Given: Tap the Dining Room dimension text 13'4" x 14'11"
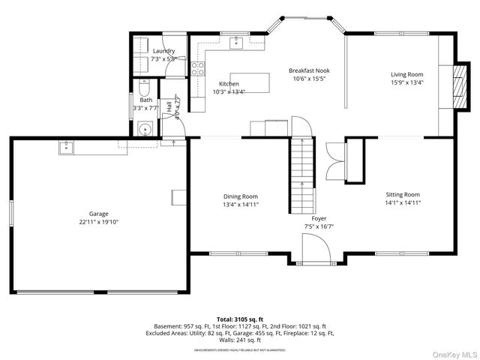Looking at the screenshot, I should pyautogui.click(x=241, y=204).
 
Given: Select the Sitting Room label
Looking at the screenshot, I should pyautogui.click(x=402, y=194).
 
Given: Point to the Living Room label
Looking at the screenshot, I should pyautogui.click(x=406, y=74).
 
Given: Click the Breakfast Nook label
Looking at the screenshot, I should pyautogui.click(x=309, y=70).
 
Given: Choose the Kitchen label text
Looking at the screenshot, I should pyautogui.click(x=229, y=83).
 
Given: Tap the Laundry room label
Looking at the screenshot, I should pyautogui.click(x=163, y=51).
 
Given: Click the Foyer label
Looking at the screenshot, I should pyautogui.click(x=319, y=217).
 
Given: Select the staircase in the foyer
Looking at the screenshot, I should pyautogui.click(x=301, y=166).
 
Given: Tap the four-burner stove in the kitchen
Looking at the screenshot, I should pyautogui.click(x=198, y=69).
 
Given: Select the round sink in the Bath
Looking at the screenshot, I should pyautogui.click(x=145, y=128).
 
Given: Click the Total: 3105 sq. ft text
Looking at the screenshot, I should pyautogui.click(x=240, y=319).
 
